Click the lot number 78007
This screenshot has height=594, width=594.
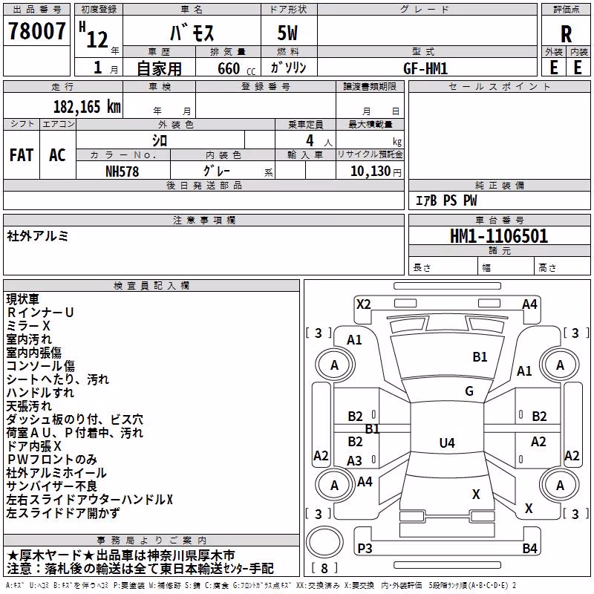point(36,30)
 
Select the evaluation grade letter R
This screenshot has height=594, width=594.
point(566,34)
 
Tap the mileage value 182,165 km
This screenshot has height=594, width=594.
point(87,106)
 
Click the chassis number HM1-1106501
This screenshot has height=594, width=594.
point(499,235)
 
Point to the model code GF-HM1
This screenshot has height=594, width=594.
point(425,68)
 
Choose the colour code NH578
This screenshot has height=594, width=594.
point(122,172)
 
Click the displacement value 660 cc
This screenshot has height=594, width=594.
point(236,68)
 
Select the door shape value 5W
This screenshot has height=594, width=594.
point(287,33)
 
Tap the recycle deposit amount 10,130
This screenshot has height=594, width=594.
point(371,171)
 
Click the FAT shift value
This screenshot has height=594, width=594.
point(22,155)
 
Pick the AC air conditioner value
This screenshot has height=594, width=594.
point(57,155)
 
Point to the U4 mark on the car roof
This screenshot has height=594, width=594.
point(447,443)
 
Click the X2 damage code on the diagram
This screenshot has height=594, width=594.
point(364,304)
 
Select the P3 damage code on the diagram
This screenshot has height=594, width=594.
point(365,548)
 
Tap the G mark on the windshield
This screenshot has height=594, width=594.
point(469,391)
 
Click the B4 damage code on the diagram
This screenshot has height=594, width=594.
point(529,548)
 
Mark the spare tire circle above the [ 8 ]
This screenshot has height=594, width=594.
point(324,542)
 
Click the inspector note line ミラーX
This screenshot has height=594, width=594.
point(28,326)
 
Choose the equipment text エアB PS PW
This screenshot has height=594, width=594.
point(446,200)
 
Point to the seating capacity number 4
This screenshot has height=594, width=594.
point(310,140)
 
